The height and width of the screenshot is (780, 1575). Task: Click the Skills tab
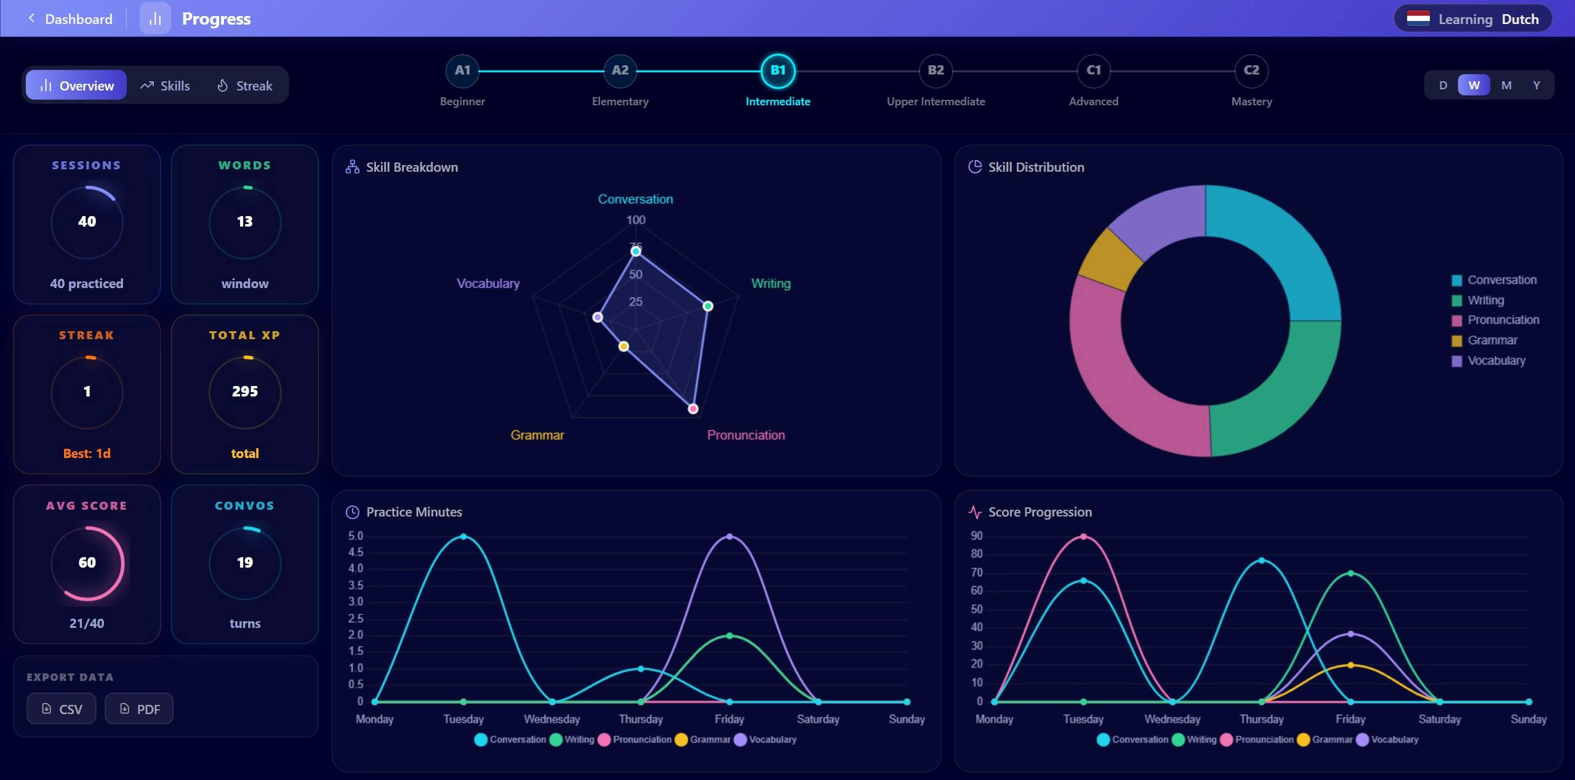(165, 86)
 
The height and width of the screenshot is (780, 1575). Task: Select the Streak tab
(244, 86)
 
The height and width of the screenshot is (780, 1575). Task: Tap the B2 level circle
(936, 71)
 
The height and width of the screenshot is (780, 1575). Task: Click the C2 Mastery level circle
(1251, 71)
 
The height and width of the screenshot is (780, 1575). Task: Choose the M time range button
(1506, 85)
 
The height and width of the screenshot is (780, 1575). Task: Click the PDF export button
(139, 709)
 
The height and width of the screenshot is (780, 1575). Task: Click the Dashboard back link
(70, 18)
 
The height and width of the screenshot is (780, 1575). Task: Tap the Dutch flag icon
(1418, 18)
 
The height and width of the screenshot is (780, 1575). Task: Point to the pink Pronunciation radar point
(693, 409)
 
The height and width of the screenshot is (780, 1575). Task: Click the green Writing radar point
(708, 306)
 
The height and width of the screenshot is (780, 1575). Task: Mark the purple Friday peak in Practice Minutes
(729, 536)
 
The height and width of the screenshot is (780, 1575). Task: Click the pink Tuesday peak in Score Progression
(1083, 536)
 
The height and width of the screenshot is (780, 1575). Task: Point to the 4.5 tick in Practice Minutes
(356, 552)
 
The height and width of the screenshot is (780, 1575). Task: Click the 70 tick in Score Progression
(977, 573)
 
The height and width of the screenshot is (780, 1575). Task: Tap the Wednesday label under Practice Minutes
(552, 719)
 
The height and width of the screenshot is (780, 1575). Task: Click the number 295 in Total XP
(245, 392)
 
